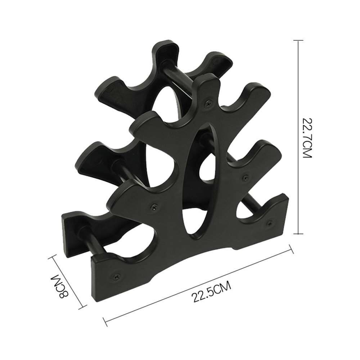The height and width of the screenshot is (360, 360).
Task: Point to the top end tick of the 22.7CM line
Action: tap(298, 40)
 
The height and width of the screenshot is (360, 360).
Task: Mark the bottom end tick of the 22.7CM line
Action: tap(298, 234)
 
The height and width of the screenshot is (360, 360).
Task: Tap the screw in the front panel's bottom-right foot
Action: tap(269, 223)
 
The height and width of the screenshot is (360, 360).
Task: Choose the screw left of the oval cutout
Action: tap(155, 206)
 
